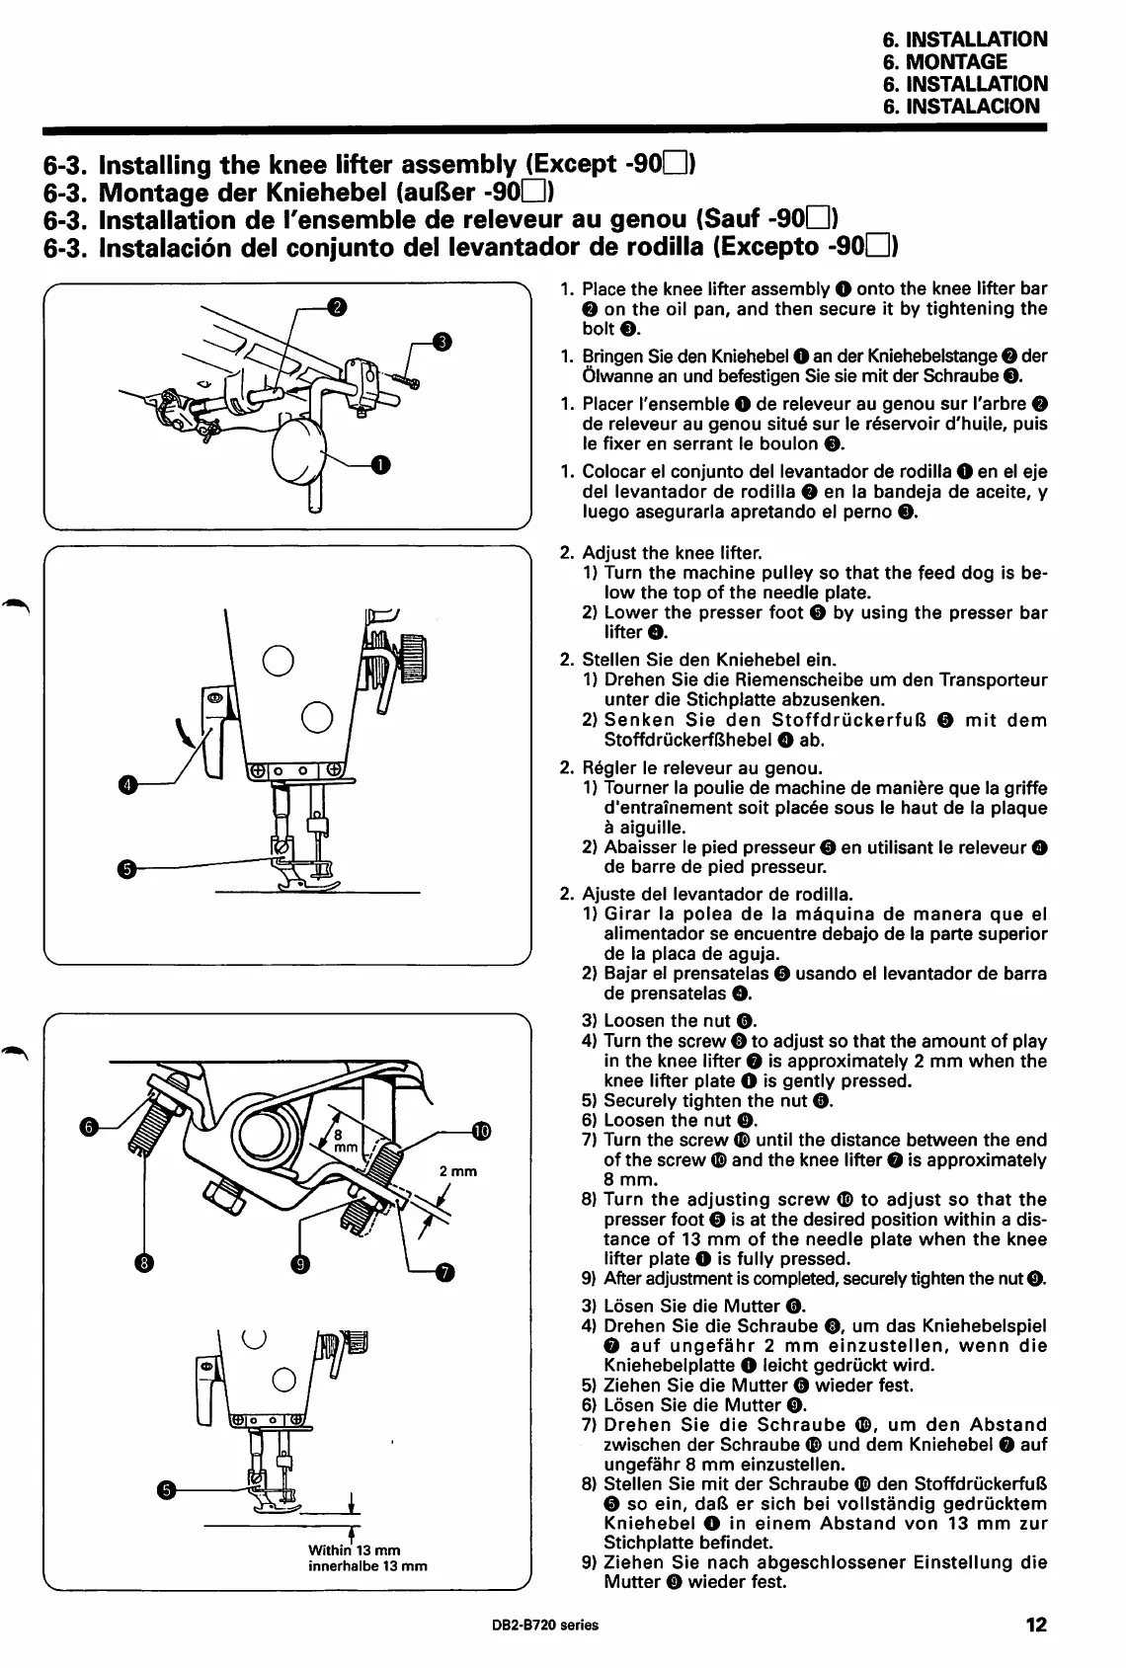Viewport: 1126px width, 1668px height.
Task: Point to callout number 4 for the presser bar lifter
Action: tap(125, 785)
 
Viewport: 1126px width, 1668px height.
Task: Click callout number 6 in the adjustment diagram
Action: tap(88, 1127)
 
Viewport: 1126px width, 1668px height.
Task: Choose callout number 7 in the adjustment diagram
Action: tap(444, 1273)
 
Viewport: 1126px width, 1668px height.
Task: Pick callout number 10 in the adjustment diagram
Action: tap(481, 1131)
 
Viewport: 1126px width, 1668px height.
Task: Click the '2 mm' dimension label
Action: tap(458, 1172)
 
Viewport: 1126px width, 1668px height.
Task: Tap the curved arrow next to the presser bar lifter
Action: tap(184, 734)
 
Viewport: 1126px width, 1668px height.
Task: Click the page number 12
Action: tap(1035, 1625)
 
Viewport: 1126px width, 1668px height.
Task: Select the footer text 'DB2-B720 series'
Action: tap(544, 1626)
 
